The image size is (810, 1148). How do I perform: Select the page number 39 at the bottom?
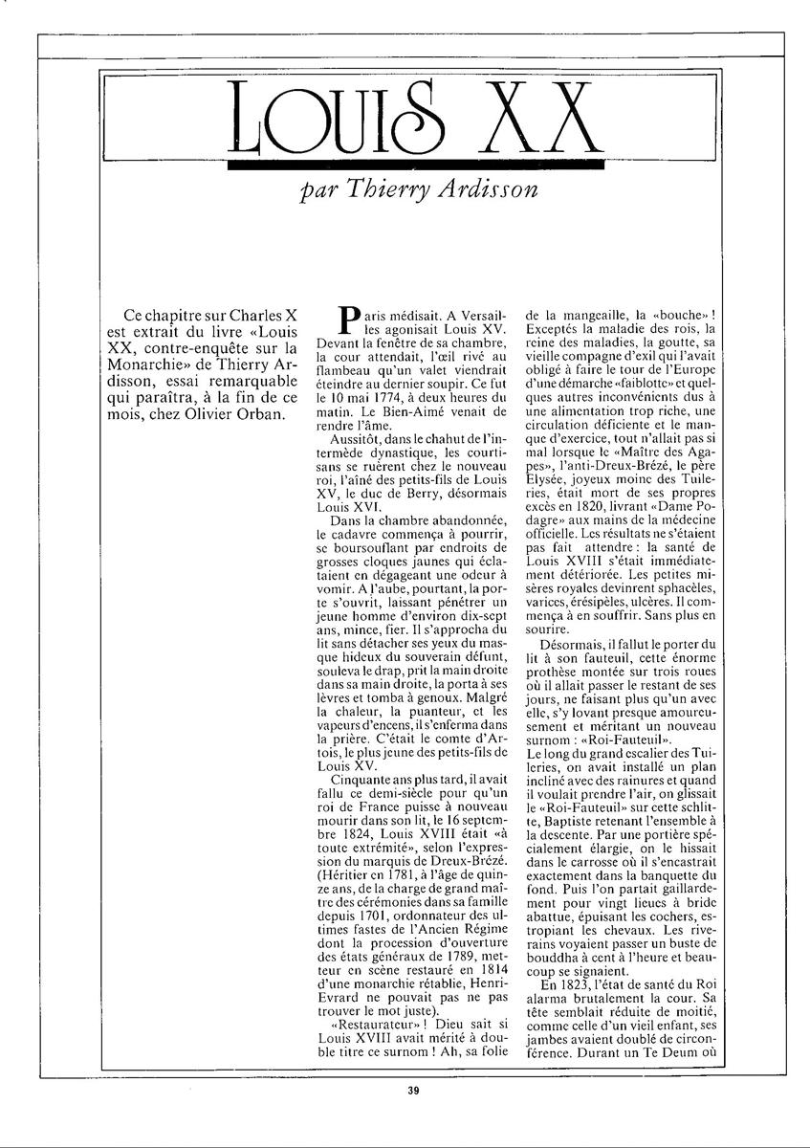(x=412, y=1089)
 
